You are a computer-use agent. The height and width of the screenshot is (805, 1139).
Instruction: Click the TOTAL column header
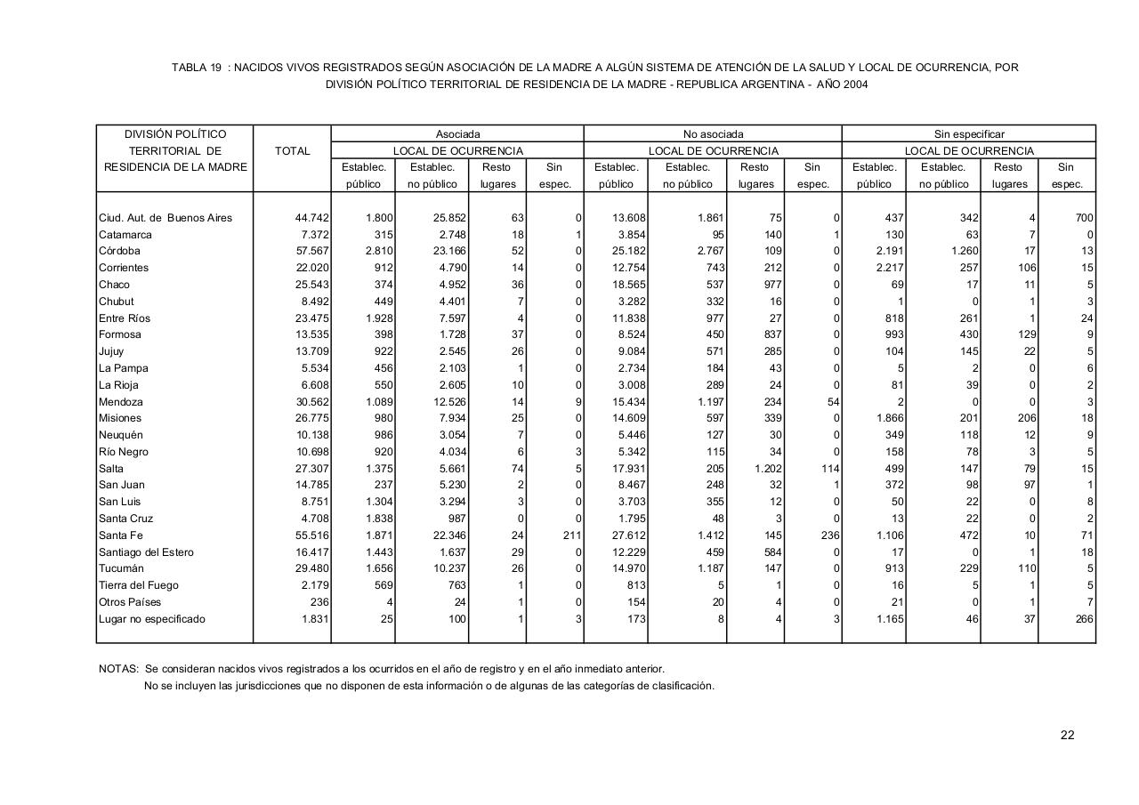[292, 151]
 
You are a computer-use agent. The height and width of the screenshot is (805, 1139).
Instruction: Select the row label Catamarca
[125, 235]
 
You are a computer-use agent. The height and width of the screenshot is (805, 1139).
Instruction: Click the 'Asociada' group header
[457, 134]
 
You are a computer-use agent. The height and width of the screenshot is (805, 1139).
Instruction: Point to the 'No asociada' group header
[713, 134]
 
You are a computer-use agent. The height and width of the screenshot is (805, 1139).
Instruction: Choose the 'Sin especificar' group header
[969, 134]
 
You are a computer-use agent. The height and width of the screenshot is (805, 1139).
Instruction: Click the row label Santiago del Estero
[146, 552]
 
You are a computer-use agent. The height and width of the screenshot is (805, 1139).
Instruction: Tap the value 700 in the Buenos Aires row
[1083, 218]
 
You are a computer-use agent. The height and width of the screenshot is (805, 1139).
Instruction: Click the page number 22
[1067, 735]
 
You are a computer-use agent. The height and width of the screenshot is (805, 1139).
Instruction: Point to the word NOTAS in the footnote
[117, 669]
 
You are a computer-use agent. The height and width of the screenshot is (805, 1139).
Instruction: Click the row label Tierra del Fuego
[139, 585]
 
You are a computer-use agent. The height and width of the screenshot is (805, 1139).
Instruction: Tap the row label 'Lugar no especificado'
[152, 619]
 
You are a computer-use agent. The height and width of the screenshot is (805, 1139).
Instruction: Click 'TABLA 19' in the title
[197, 68]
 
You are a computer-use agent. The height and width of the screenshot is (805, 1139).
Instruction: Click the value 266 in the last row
[1084, 619]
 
